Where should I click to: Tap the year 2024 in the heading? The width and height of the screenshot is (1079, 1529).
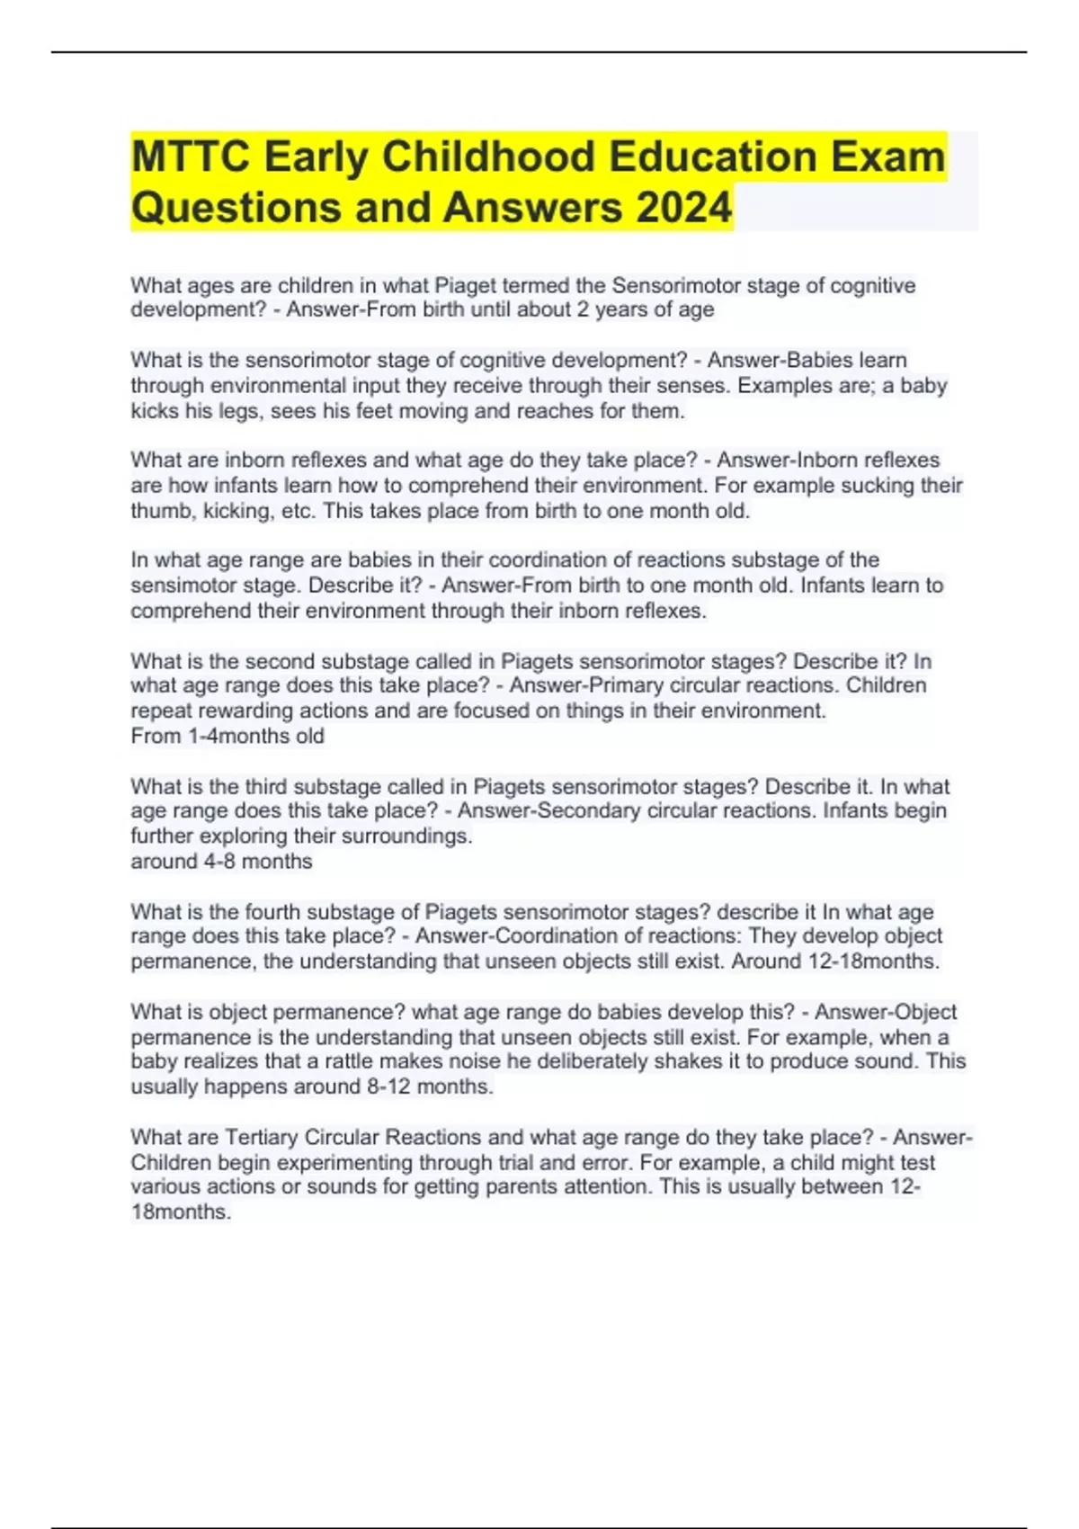tap(684, 208)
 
